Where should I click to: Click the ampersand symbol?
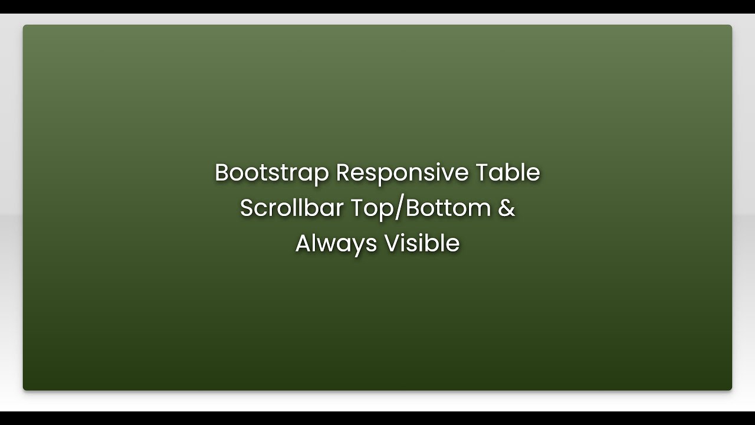[507, 208]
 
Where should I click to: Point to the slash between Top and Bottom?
[396, 208]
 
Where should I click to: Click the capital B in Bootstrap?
[221, 173]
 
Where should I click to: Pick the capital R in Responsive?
[343, 173]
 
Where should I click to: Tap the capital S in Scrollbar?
[247, 208]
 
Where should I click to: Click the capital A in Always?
[303, 244]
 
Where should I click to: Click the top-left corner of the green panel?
[24, 26]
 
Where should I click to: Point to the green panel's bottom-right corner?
[731, 389]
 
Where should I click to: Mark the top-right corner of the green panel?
[731, 26]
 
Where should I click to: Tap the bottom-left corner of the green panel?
[24, 389]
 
